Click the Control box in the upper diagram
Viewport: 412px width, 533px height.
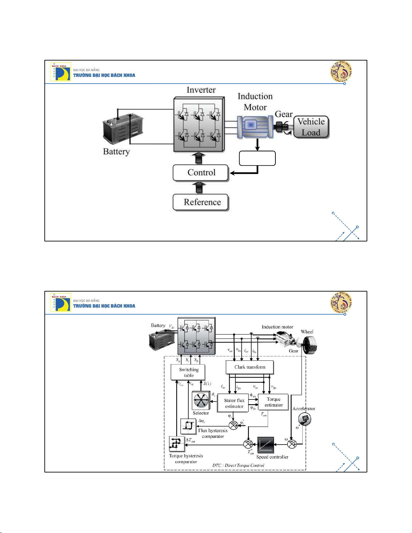click(x=201, y=173)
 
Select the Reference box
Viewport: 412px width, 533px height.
click(x=201, y=202)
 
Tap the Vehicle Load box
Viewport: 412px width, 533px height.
click(x=311, y=127)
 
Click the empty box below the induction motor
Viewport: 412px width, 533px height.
click(x=257, y=158)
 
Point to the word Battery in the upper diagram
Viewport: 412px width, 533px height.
click(x=116, y=152)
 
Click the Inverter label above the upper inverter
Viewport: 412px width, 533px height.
click(x=201, y=90)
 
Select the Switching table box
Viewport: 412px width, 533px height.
click(x=189, y=372)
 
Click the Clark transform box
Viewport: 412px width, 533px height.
click(x=250, y=367)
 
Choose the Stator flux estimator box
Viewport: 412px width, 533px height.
click(x=234, y=404)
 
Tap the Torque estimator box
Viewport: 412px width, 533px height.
click(x=273, y=402)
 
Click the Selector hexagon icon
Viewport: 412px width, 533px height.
click(x=201, y=401)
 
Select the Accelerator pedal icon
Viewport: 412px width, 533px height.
click(x=305, y=419)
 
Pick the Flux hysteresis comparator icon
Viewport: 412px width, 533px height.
click(x=188, y=426)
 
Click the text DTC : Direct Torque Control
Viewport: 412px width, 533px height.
click(x=238, y=465)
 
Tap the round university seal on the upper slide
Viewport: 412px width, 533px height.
click(x=341, y=72)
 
